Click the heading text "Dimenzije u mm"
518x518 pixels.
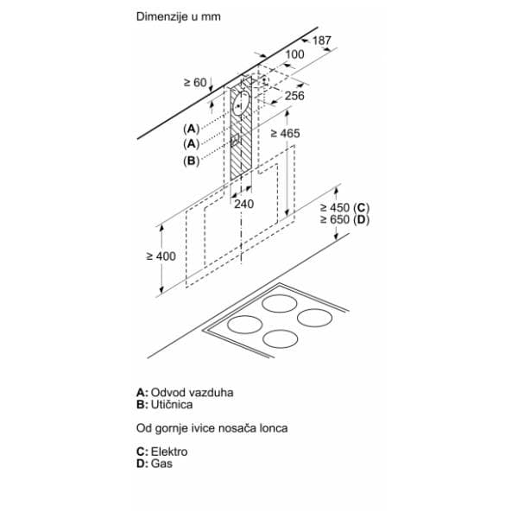click(179, 16)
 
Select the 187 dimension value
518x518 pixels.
click(321, 41)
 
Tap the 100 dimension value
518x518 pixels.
click(294, 54)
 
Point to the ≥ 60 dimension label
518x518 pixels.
click(195, 83)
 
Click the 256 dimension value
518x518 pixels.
click(294, 96)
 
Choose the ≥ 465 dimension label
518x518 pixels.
click(285, 134)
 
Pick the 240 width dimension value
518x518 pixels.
click(244, 204)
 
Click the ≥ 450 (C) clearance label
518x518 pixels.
click(344, 208)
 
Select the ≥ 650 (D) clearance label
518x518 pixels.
click(344, 219)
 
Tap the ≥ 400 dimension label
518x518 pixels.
click(161, 256)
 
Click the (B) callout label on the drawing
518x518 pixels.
click(192, 161)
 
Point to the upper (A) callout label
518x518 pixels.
click(192, 129)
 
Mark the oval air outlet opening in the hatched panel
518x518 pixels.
click(241, 103)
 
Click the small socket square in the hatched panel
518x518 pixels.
click(235, 140)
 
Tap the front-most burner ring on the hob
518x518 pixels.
click(280, 339)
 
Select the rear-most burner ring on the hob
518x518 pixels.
click(280, 303)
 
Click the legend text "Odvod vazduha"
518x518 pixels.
click(192, 393)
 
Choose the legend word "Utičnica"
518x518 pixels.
click(172, 404)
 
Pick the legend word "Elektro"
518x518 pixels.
click(169, 452)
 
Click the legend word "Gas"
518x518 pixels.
click(161, 464)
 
